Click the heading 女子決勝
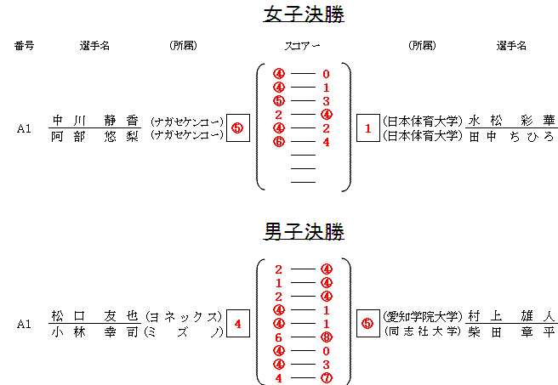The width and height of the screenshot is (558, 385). (x=304, y=14)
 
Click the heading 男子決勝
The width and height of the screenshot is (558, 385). (x=304, y=230)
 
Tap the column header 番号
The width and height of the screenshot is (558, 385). (x=25, y=46)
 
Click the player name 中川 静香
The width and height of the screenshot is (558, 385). (x=94, y=121)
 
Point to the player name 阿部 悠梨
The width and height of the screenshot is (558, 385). (x=94, y=136)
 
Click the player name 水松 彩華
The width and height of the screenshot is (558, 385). (x=511, y=121)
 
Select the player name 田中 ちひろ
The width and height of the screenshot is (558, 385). (x=511, y=136)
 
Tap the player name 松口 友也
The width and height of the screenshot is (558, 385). (x=94, y=315)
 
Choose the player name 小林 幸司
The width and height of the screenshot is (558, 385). (x=94, y=331)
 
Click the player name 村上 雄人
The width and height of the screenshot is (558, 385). (x=511, y=315)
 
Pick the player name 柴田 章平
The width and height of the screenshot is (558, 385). (x=511, y=331)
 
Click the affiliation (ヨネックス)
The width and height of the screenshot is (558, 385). (x=185, y=315)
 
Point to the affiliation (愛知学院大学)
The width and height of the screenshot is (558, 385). (x=421, y=315)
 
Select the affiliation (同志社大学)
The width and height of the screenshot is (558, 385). (x=421, y=331)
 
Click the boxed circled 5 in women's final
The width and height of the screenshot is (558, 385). (x=237, y=128)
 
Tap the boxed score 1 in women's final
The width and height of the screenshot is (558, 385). (x=367, y=128)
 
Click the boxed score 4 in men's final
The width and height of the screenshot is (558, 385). (x=237, y=323)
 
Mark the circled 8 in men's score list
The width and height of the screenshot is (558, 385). (x=327, y=337)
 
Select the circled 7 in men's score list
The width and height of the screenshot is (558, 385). (x=327, y=378)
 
